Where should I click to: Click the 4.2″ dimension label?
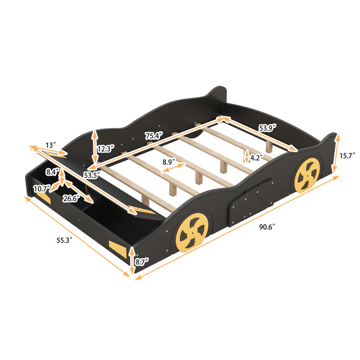point(256,158)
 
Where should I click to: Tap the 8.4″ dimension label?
point(51,171)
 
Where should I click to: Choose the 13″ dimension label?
point(51,145)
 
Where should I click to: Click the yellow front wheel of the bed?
point(192,232)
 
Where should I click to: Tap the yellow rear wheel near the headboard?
point(307,175)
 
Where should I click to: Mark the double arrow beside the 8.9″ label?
point(174,168)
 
